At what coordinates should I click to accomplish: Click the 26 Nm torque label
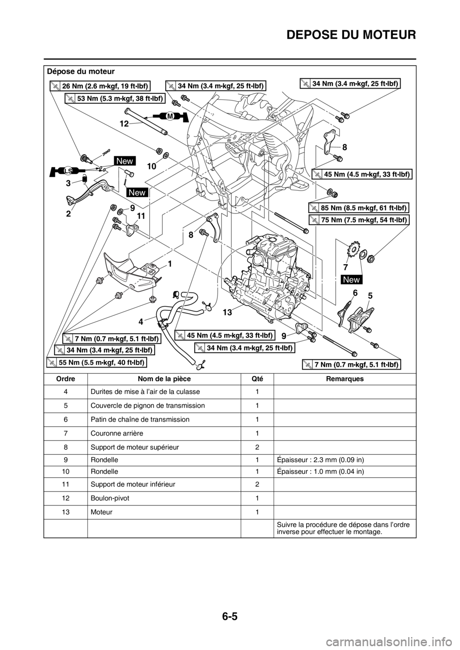[x=100, y=86]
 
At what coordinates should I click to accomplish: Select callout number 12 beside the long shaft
[x=125, y=123]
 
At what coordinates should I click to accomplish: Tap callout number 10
[x=151, y=166]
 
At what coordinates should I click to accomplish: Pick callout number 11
[x=139, y=216]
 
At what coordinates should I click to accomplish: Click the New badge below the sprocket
[x=352, y=279]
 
